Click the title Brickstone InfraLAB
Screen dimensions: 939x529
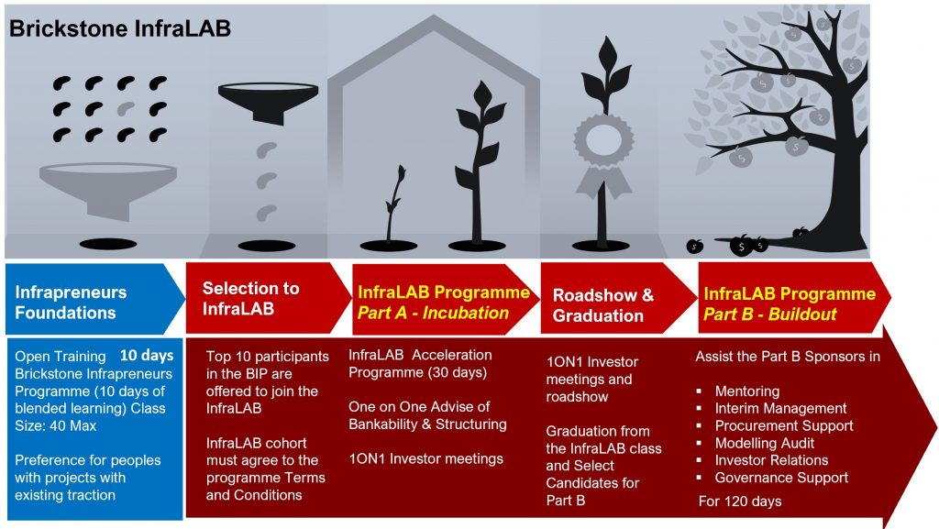coord(120,28)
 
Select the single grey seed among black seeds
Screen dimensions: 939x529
coord(126,109)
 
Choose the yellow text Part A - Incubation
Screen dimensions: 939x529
coord(433,313)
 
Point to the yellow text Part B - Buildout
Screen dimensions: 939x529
coord(769,314)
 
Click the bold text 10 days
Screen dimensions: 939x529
coord(147,356)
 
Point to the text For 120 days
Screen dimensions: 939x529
coord(740,501)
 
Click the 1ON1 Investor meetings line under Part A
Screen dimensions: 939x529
coord(425,459)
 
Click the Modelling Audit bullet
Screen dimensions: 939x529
coord(764,444)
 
